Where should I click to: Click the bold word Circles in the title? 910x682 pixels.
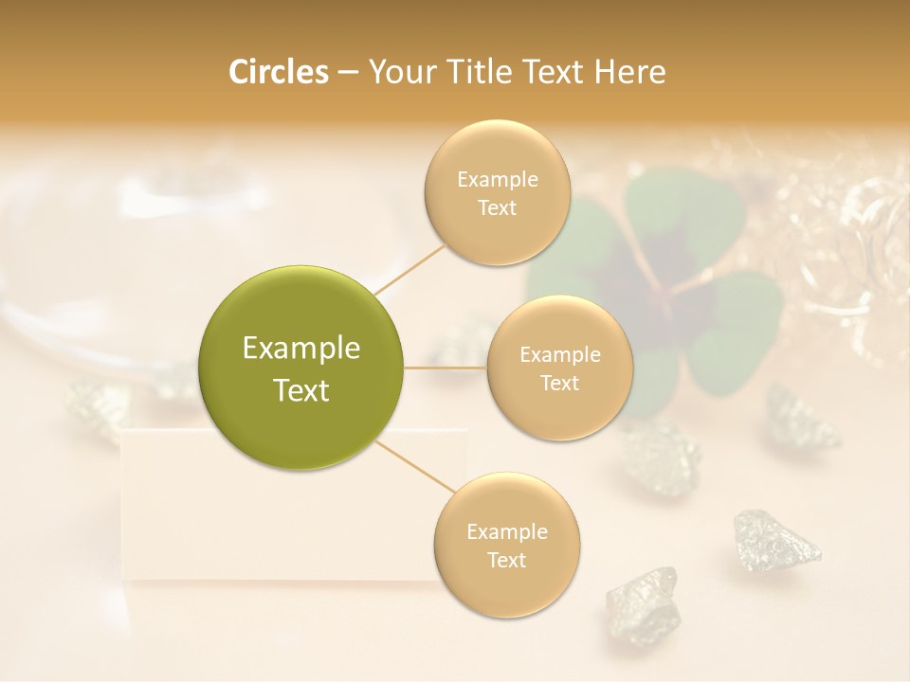click(278, 72)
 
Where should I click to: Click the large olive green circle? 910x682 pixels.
click(301, 368)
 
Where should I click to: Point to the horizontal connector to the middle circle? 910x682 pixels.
click(446, 368)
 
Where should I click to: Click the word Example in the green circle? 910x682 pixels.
click(301, 348)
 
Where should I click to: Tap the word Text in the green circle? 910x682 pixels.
click(301, 390)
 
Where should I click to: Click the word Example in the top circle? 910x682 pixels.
click(497, 179)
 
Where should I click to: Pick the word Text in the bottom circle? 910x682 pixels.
click(506, 560)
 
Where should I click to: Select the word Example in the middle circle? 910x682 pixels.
click(559, 354)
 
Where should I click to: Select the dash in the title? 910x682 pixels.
click(347, 73)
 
